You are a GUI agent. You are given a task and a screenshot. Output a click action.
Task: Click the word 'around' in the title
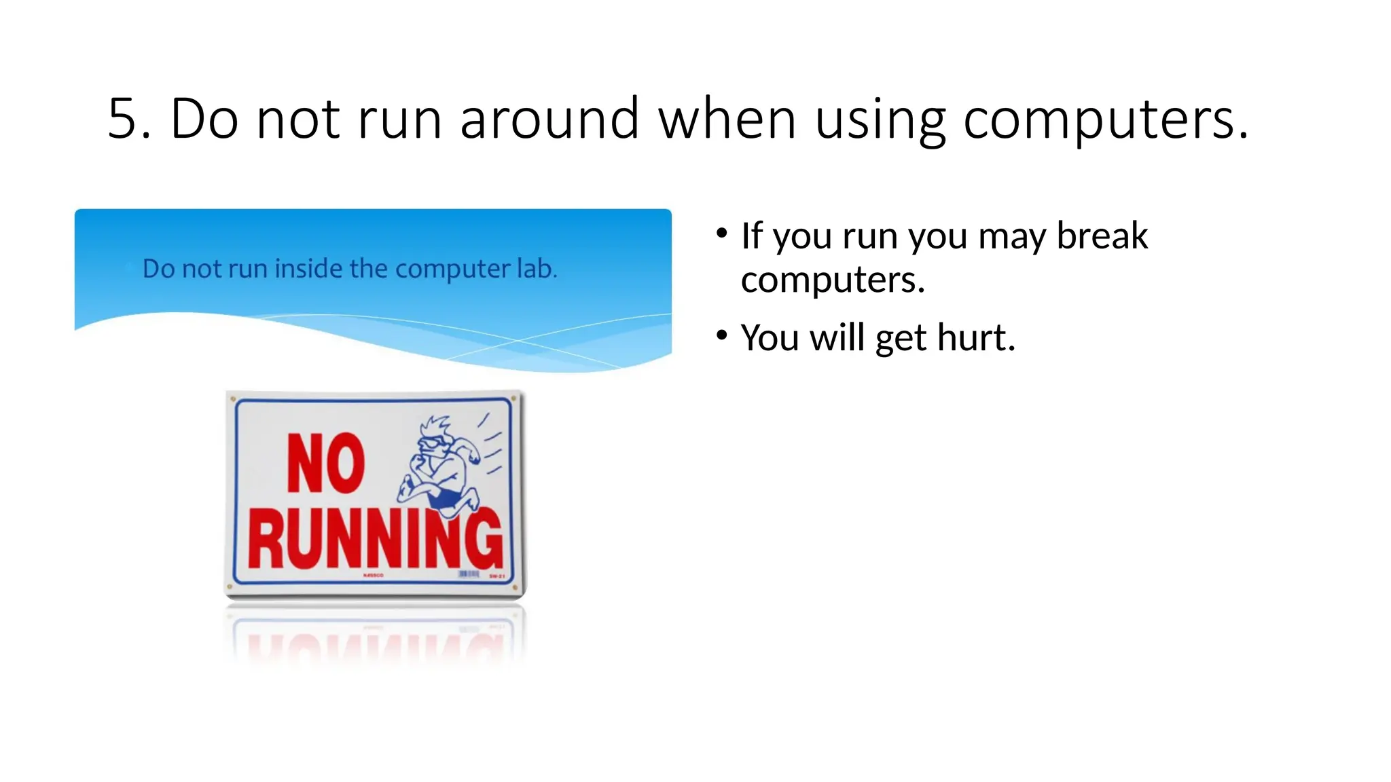549,119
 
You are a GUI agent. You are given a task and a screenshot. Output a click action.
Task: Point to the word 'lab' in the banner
536,269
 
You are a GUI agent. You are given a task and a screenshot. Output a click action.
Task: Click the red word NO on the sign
326,463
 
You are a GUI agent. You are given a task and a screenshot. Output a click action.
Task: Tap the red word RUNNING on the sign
375,540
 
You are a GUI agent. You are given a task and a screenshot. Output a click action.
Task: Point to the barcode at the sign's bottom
469,574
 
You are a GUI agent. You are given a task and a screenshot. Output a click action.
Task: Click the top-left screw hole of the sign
233,399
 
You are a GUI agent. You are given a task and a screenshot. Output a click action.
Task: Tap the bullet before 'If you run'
721,234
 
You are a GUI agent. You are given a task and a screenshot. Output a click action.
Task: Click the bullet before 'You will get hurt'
721,335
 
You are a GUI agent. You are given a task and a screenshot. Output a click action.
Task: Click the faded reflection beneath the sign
375,641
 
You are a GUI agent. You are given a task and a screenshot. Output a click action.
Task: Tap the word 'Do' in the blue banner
159,269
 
